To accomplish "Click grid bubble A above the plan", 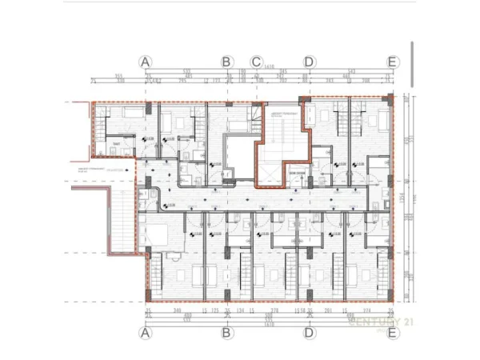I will [145, 61].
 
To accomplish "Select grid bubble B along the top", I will [226, 61].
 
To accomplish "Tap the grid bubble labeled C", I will [256, 61].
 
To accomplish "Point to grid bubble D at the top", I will [309, 61].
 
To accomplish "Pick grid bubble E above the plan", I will [392, 61].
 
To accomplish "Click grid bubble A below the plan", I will [145, 332].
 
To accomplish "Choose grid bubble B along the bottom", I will [226, 332].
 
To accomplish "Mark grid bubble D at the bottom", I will [309, 332].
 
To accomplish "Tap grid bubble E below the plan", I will [392, 332].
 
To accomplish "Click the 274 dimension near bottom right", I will [367, 310].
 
